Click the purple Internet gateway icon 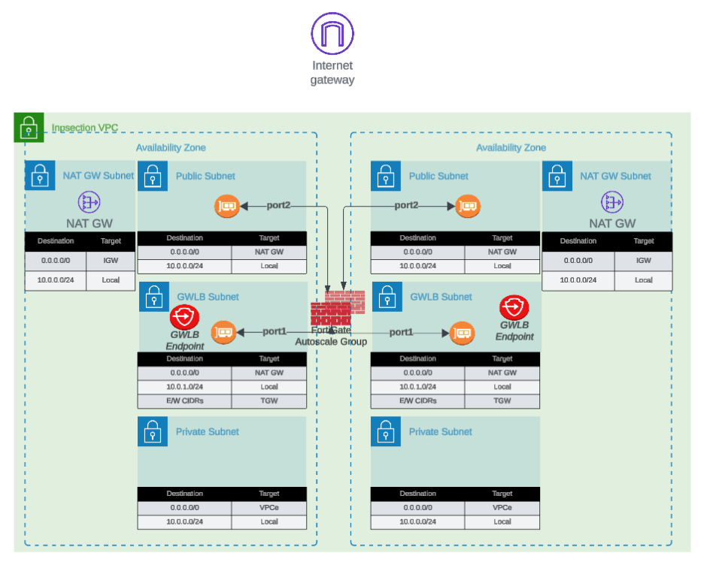coord(332,33)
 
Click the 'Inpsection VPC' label coord(84,128)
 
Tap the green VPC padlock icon coord(29,127)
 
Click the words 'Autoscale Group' coord(331,342)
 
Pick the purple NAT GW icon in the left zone coord(89,201)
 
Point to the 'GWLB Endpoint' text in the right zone coord(515,331)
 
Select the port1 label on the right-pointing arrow coord(401,332)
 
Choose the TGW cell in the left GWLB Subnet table coord(269,400)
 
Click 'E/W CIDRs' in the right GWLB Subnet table coord(418,400)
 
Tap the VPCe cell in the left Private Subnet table coord(269,508)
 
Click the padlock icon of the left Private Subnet coord(153,432)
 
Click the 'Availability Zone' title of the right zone coord(511,148)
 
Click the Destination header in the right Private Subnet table coord(418,494)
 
